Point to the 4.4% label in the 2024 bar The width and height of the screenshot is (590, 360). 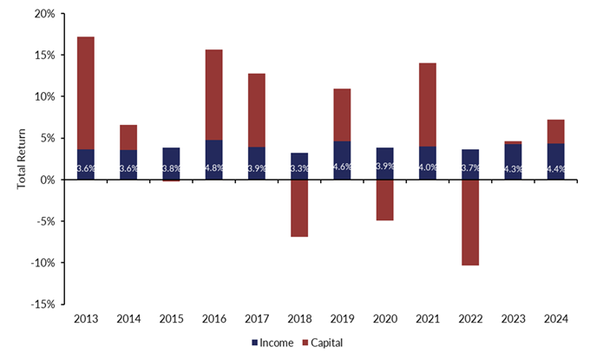(x=555, y=168)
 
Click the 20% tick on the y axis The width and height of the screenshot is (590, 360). (x=43, y=14)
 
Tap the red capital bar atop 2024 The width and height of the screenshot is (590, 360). (x=555, y=131)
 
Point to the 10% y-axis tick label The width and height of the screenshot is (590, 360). (x=43, y=96)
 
